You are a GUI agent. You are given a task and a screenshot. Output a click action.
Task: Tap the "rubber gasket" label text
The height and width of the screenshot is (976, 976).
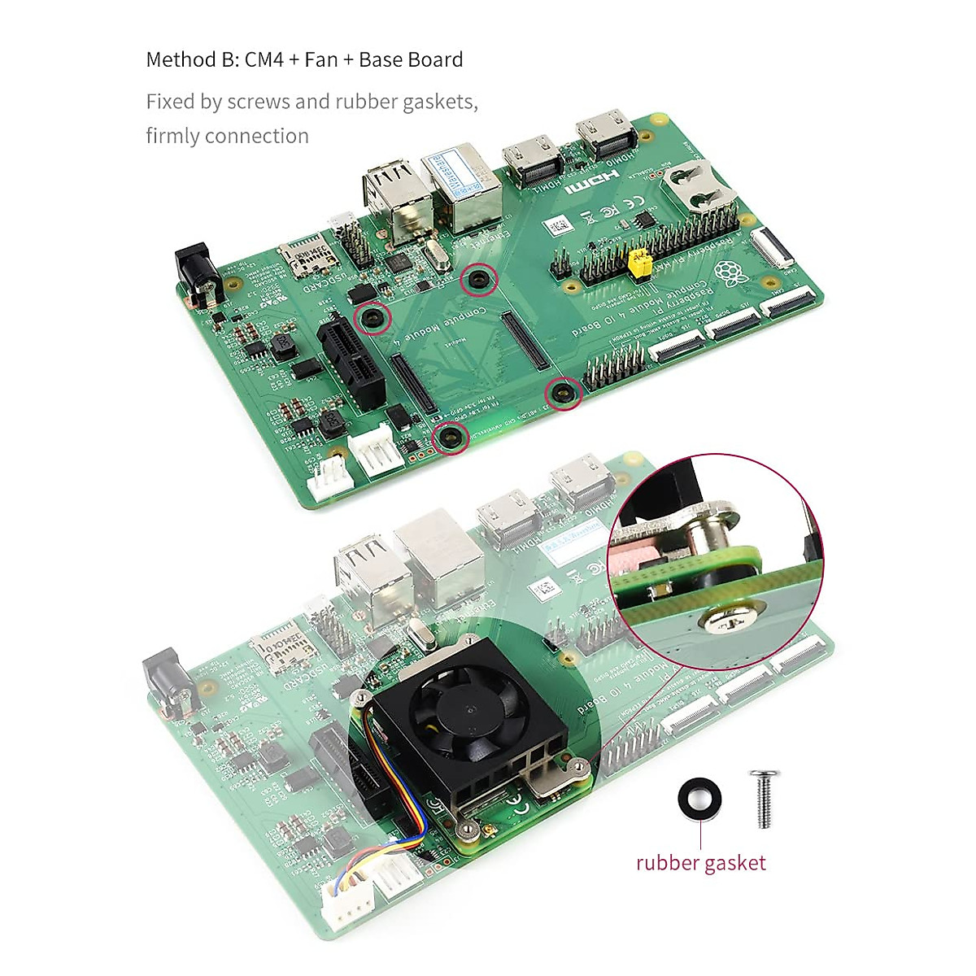[x=700, y=863]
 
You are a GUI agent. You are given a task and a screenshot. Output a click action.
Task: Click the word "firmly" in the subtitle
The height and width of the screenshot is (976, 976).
[x=173, y=136]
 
